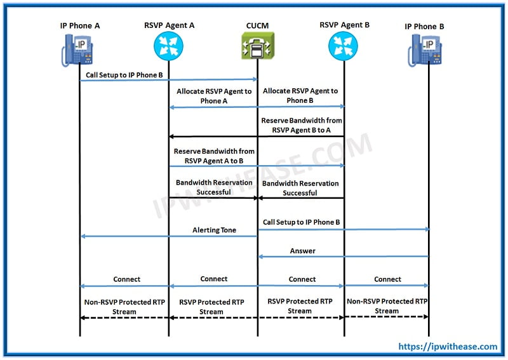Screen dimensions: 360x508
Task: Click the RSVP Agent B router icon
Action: tap(344, 46)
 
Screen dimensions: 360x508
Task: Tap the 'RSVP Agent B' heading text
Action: tap(344, 25)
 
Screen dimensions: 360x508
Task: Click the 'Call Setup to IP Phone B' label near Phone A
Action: tap(125, 75)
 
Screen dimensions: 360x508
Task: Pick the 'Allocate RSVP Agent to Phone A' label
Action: tap(214, 96)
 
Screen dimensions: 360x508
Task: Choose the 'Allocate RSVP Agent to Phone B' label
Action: tap(300, 96)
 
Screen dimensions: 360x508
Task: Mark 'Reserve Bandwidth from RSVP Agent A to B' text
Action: tap(214, 156)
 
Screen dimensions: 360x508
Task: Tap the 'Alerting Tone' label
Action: tap(214, 230)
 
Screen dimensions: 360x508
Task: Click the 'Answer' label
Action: tap(303, 251)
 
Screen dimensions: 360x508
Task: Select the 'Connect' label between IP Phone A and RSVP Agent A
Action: tap(127, 279)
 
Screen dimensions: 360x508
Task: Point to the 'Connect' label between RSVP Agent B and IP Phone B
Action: tap(387, 279)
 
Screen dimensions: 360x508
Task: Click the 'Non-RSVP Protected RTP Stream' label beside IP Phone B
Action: tap(387, 306)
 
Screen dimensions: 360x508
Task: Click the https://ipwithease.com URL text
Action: tap(448, 347)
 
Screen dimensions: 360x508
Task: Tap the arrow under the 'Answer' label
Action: tap(343, 257)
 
